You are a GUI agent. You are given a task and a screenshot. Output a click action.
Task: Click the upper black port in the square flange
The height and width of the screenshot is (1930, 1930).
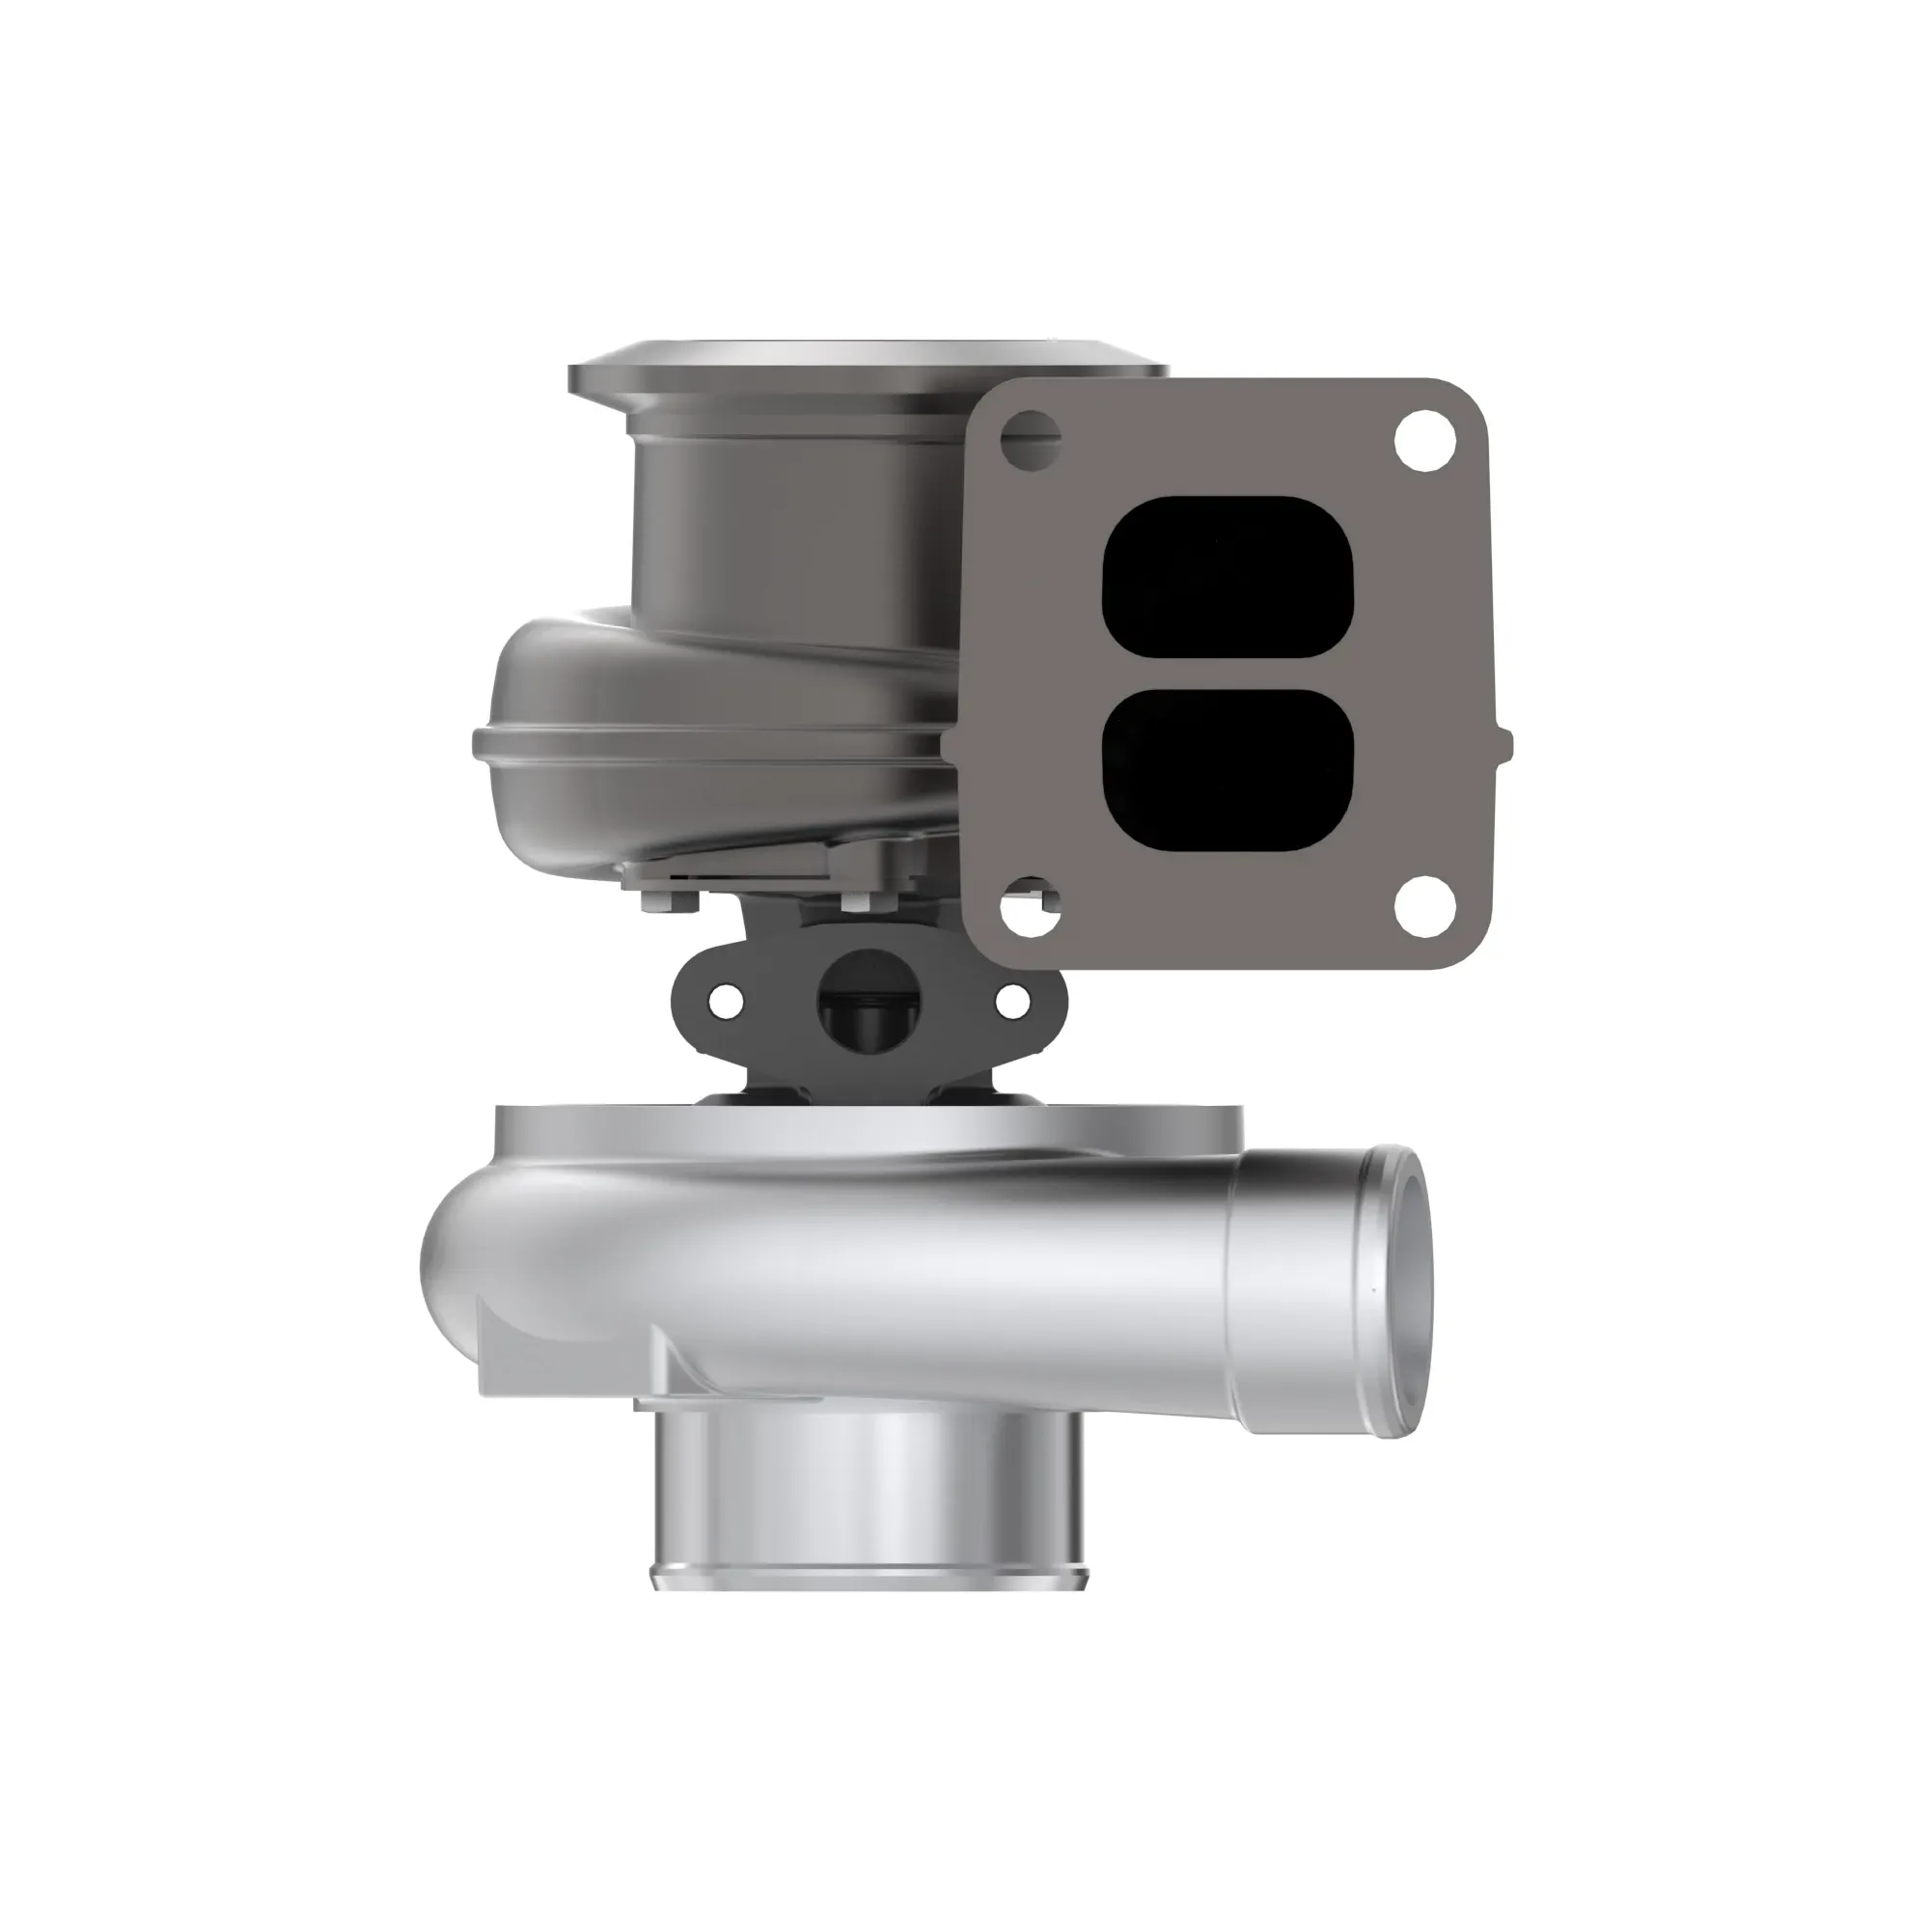1227,576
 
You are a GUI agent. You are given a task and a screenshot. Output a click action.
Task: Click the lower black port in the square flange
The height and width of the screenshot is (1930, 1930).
1227,770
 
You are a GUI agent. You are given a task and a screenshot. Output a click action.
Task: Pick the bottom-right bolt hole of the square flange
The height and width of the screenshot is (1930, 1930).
1425,906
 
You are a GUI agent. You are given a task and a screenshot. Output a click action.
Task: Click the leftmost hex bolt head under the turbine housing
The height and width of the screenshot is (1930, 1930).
656,903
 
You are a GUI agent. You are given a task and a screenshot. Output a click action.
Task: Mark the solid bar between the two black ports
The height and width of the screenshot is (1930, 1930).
1227,674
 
